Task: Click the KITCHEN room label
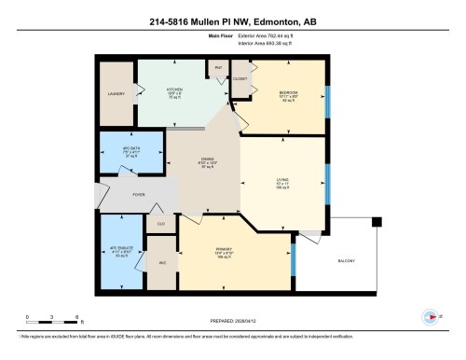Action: (x=174, y=90)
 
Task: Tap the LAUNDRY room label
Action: (x=117, y=95)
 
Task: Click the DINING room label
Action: (x=207, y=160)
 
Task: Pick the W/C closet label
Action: (x=162, y=263)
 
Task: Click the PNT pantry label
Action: (x=217, y=68)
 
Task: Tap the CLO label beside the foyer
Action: (x=161, y=224)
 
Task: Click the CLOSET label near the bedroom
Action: (x=240, y=78)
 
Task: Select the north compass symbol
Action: (x=428, y=315)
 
